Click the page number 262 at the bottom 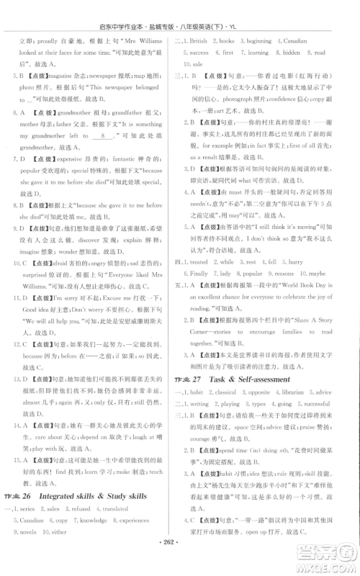179,562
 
